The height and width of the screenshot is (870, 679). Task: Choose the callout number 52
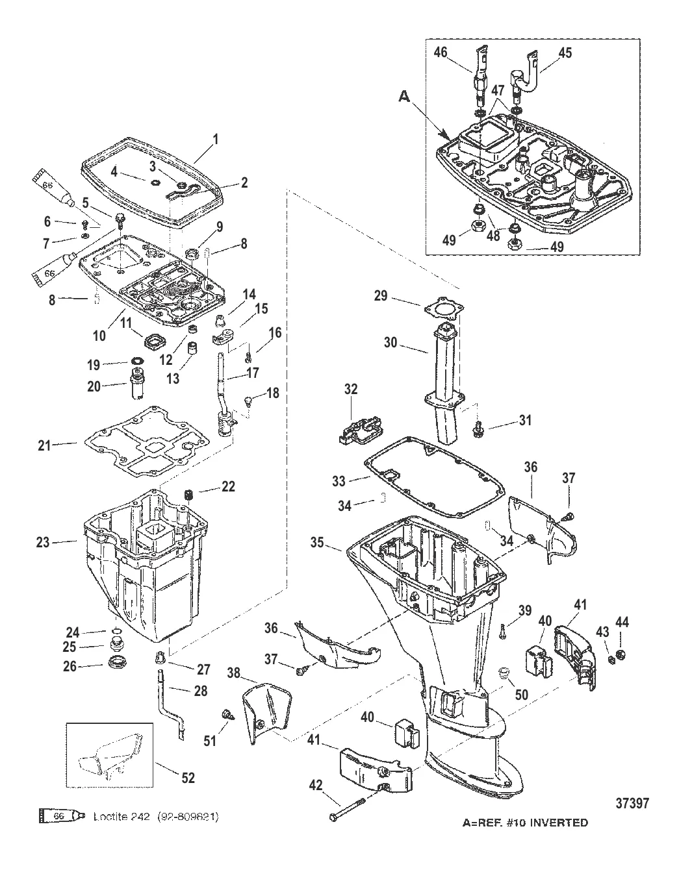tap(187, 778)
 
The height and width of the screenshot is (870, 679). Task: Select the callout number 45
tap(565, 53)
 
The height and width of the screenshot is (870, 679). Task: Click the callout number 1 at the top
tap(216, 138)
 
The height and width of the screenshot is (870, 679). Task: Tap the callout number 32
tap(351, 389)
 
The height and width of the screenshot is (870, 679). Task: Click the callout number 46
tap(441, 53)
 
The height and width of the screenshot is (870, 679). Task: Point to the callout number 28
tap(201, 692)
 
